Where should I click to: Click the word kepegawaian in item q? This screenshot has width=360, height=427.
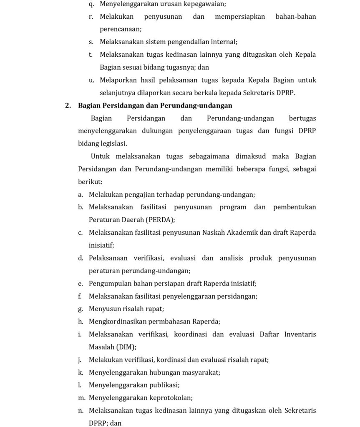tap(196, 4)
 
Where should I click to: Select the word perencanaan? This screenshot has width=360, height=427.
tap(121, 30)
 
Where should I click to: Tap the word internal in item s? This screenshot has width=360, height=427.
tap(224, 42)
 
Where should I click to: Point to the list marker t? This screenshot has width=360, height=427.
tap(91, 55)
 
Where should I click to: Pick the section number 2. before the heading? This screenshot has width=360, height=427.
tap(68, 105)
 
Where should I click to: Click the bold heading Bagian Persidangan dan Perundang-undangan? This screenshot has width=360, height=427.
tap(155, 105)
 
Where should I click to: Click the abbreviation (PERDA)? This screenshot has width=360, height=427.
tap(160, 220)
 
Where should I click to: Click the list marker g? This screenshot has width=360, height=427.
tap(80, 309)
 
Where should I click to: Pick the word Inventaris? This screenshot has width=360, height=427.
tap(300, 334)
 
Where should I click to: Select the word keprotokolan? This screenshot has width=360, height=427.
tap(171, 398)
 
